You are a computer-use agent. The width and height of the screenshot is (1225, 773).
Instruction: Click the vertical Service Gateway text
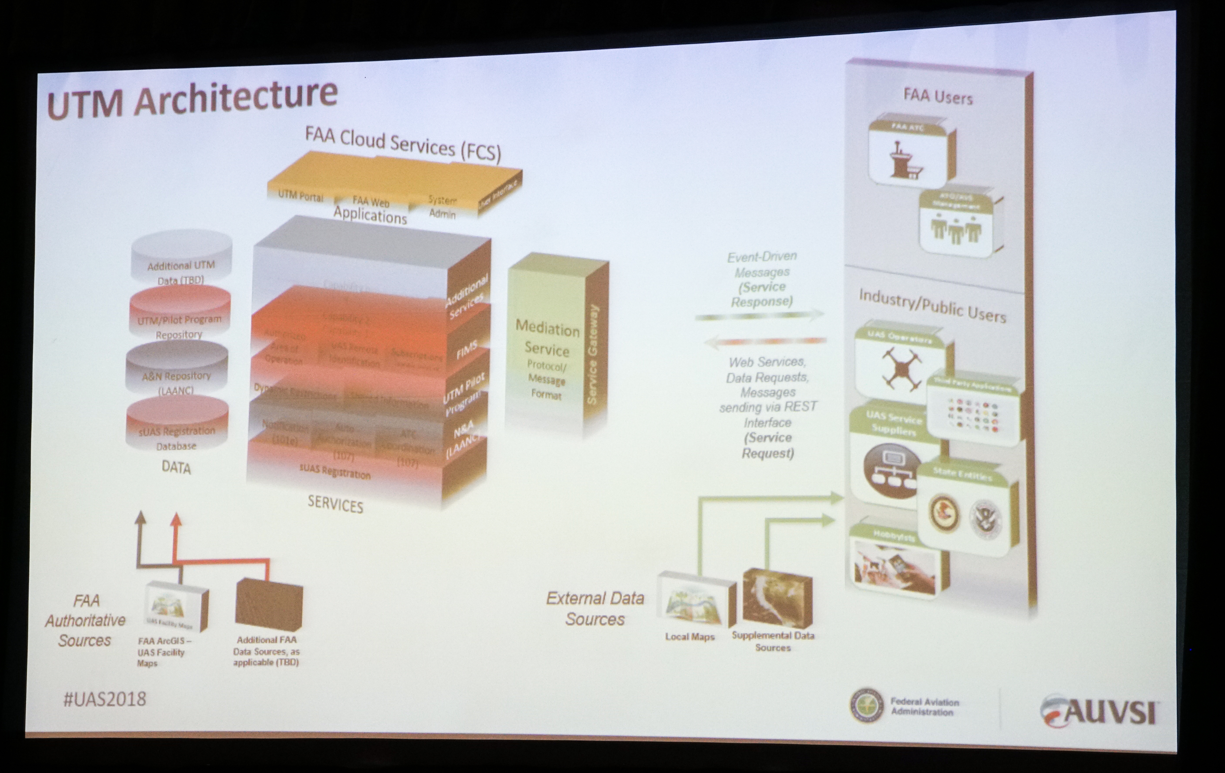[593, 355]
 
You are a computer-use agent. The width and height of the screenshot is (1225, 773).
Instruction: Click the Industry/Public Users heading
[932, 307]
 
